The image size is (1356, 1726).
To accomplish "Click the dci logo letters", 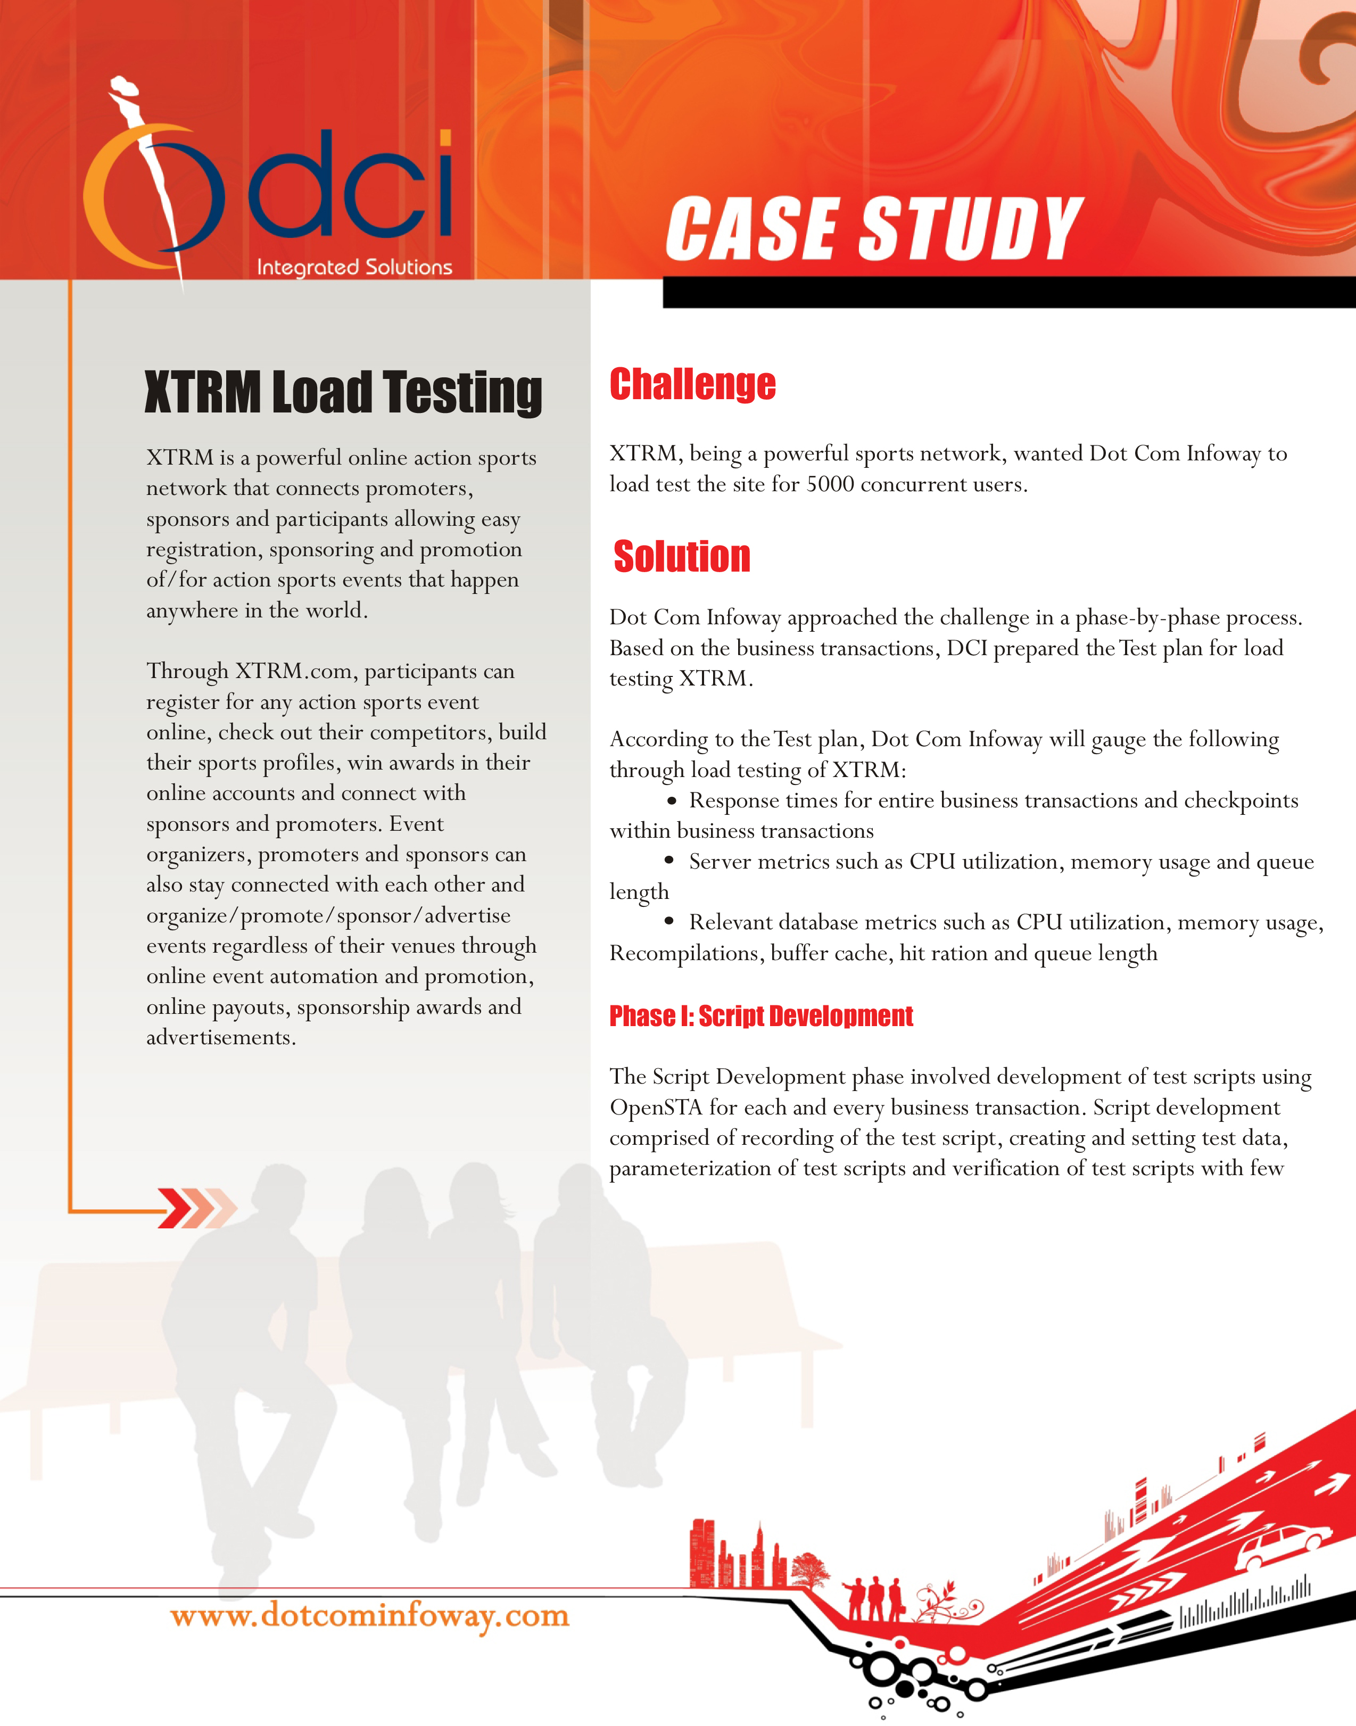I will pyautogui.click(x=351, y=187).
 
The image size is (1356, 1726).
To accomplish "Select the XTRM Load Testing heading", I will pyautogui.click(x=343, y=392).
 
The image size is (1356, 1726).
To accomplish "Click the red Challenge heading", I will pyautogui.click(x=692, y=384).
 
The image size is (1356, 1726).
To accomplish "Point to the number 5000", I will pyautogui.click(x=830, y=484).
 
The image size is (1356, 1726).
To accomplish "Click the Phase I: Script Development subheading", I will pyautogui.click(x=760, y=1016).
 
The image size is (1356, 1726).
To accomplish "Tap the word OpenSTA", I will pyautogui.click(x=656, y=1108).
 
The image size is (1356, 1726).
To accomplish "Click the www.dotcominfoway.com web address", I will pyautogui.click(x=370, y=1616).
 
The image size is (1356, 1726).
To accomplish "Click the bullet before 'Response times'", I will pyautogui.click(x=672, y=800).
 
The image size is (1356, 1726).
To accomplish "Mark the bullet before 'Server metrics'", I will pyautogui.click(x=669, y=861).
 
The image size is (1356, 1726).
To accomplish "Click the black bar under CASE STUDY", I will pyautogui.click(x=1008, y=292).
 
